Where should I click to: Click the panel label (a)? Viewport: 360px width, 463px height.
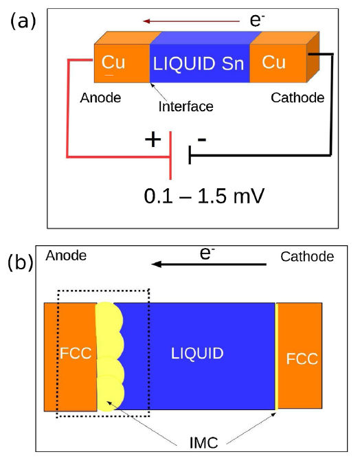point(23,21)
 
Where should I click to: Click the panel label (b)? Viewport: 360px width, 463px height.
point(21,261)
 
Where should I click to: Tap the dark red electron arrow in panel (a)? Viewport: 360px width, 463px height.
point(191,21)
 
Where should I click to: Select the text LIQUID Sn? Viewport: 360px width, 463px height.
point(199,63)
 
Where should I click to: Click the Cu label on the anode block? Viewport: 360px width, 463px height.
point(113,63)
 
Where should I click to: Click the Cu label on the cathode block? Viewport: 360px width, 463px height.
point(273,62)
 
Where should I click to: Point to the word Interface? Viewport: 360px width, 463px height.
point(185,106)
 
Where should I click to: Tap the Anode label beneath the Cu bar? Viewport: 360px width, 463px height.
point(100,98)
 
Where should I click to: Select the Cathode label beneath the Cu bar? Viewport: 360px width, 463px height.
point(297,98)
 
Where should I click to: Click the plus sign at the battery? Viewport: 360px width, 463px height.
point(153,139)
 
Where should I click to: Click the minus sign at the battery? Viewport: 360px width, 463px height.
point(202,139)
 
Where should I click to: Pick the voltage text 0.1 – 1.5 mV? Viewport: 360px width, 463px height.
point(204,196)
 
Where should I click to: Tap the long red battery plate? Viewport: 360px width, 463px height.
point(170,156)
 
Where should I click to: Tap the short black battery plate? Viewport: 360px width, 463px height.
point(190,155)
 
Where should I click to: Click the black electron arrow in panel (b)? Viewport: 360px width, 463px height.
point(209,264)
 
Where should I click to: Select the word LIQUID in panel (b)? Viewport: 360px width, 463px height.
point(197,354)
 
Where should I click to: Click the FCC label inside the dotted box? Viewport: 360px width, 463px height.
point(76,353)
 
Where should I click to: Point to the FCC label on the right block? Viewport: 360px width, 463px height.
point(302,359)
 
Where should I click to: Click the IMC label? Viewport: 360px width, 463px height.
point(204,442)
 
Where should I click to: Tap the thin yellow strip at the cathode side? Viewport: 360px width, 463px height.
point(276,357)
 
